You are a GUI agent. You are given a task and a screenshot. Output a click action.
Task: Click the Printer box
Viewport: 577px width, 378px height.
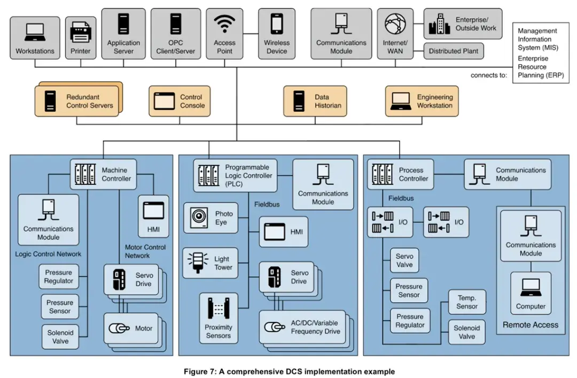(81, 37)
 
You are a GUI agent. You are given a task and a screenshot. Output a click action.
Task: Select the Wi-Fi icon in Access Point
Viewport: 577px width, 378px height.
(224, 24)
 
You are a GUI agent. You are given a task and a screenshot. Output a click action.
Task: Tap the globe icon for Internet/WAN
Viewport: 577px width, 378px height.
(395, 24)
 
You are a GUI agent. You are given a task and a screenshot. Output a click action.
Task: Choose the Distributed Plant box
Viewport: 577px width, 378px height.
(454, 51)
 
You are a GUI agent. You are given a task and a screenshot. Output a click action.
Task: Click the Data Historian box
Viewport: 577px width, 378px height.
(315, 101)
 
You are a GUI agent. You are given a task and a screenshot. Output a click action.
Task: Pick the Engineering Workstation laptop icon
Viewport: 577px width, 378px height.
(401, 101)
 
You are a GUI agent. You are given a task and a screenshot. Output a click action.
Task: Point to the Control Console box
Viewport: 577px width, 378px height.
(180, 101)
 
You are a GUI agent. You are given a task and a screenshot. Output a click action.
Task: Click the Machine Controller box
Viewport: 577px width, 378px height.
(104, 174)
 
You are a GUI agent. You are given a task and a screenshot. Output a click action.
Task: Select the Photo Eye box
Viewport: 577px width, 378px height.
(211, 218)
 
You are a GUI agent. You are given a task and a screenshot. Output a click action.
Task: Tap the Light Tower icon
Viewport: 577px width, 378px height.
(198, 263)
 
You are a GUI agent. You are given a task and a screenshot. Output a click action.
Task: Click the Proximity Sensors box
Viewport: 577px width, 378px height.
(219, 318)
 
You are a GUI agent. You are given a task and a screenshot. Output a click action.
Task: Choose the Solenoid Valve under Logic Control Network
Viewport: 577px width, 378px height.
(60, 337)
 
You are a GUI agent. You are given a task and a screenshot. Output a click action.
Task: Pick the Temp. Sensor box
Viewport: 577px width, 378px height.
(467, 302)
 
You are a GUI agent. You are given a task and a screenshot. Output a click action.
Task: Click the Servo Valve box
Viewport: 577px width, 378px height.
(404, 261)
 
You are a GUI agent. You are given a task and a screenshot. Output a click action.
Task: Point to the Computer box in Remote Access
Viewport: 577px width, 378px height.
(531, 293)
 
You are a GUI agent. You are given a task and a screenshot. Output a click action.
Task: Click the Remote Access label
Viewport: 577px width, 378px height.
(531, 325)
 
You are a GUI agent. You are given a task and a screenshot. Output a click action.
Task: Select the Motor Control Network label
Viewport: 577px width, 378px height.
(145, 251)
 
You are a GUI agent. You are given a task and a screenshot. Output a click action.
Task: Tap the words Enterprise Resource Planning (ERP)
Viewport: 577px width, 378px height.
(541, 67)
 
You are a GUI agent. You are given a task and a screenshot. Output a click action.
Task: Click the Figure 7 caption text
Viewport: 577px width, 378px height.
(289, 372)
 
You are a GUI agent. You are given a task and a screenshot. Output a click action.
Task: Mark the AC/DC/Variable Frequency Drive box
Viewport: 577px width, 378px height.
(302, 327)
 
